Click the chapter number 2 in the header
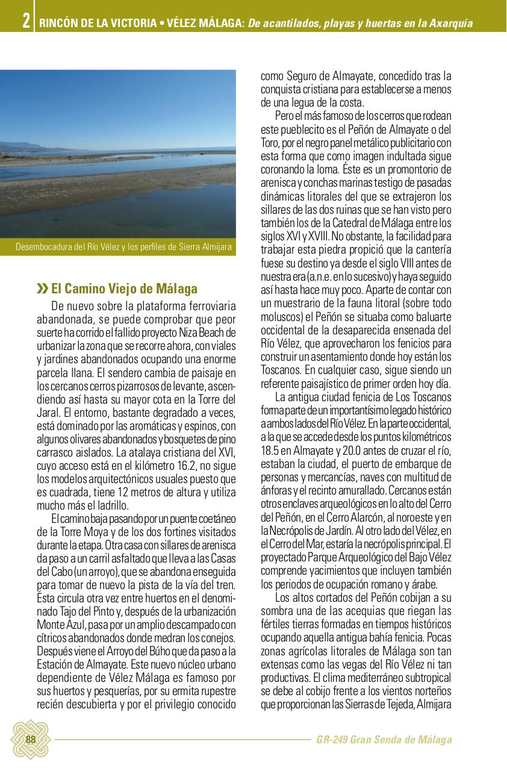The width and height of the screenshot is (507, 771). click(26, 22)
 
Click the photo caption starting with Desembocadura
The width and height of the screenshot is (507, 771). click(123, 247)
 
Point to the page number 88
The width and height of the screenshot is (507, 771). click(30, 740)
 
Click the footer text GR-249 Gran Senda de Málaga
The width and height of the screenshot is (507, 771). click(384, 740)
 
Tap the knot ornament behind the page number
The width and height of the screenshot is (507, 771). click(30, 740)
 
